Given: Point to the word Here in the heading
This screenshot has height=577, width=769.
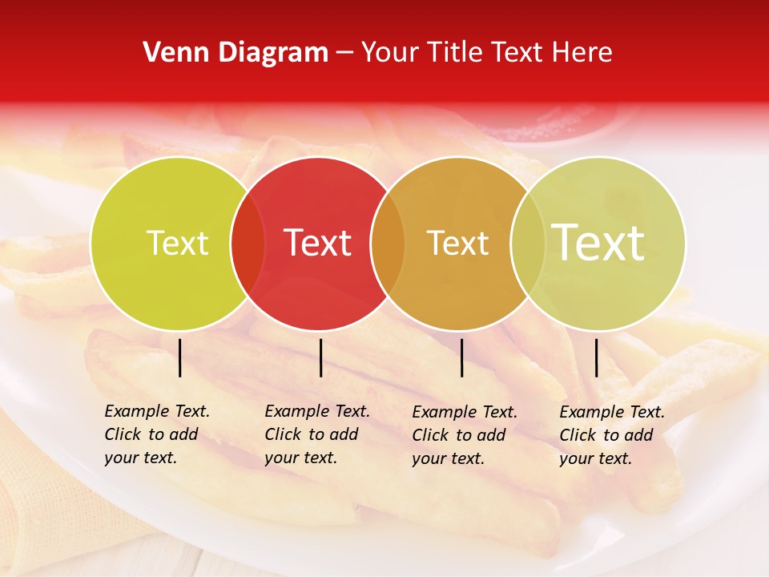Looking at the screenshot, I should click(583, 53).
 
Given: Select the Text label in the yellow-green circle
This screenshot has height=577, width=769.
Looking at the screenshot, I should click(177, 244).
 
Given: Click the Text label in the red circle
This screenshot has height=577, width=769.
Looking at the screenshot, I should click(318, 243).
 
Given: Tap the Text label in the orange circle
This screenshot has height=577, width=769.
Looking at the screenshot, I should click(457, 244).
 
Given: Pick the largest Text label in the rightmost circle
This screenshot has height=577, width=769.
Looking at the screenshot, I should click(598, 243).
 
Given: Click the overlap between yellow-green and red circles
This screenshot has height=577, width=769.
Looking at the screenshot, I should click(248, 244).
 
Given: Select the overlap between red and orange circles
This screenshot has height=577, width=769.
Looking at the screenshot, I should click(388, 244).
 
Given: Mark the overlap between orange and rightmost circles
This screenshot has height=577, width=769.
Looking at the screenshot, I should click(527, 244).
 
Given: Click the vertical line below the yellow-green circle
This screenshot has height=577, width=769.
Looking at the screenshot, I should click(180, 357).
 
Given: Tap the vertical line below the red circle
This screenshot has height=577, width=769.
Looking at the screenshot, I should click(320, 357).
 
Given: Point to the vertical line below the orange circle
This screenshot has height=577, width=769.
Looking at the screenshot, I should click(462, 357).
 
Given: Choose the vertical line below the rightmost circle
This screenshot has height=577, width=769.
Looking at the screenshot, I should click(597, 357).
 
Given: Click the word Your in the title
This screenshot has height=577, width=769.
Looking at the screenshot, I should click(389, 53).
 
